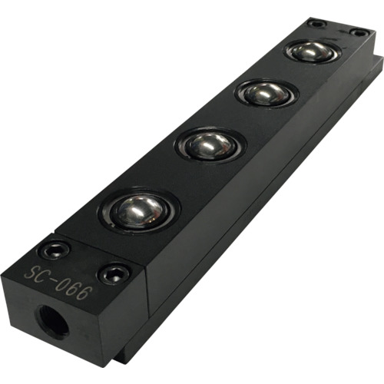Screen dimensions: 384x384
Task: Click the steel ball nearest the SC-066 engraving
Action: pyautogui.click(x=139, y=210)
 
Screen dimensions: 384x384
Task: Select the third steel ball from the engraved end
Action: pyautogui.click(x=267, y=94)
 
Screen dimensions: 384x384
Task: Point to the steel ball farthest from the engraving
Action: pyautogui.click(x=312, y=52)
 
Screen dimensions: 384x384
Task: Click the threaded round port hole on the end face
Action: pyautogui.click(x=54, y=322)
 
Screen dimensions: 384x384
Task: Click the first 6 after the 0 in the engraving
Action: pyautogui.click(x=73, y=291)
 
